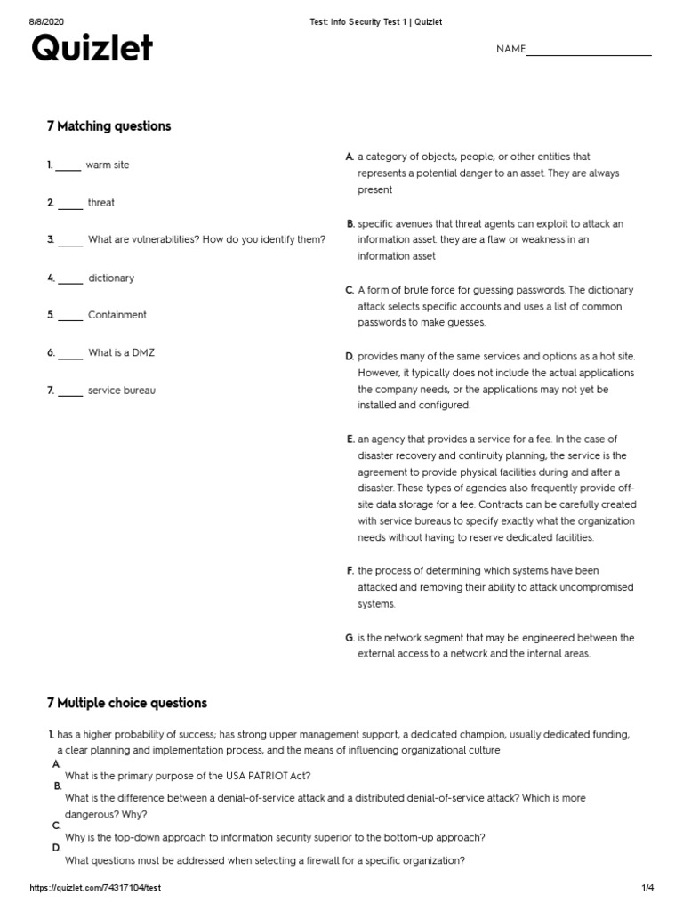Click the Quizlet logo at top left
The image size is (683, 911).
[x=92, y=50]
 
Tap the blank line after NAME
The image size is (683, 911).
[x=588, y=52]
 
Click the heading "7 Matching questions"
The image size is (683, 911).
[x=108, y=126]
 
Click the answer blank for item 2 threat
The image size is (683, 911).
[x=69, y=204]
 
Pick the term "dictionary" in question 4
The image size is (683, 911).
[x=111, y=278]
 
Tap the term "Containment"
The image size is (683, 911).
[x=117, y=315]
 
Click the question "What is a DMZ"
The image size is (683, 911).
[x=121, y=353]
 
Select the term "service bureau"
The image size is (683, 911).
[x=121, y=391]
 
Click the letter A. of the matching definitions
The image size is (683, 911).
[x=350, y=157]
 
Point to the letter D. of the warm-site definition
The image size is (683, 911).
[x=350, y=357]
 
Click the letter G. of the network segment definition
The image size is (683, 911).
[x=350, y=638]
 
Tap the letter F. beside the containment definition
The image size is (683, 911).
[x=350, y=570]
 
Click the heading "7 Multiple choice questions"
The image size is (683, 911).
[x=126, y=703]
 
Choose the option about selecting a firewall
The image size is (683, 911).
[x=265, y=860]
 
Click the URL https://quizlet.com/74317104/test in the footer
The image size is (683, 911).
[x=95, y=889]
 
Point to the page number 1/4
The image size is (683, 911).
[x=647, y=889]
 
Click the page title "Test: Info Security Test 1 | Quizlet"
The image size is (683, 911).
[x=369, y=21]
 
